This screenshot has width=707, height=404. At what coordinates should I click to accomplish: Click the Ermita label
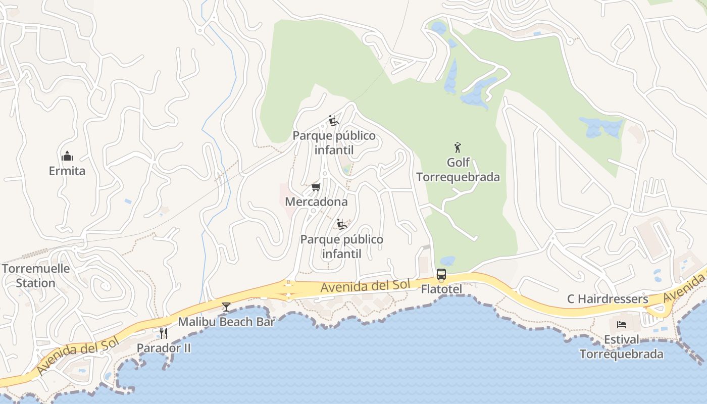[x=67, y=171]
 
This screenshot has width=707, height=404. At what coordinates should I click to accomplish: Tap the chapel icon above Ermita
[x=67, y=156]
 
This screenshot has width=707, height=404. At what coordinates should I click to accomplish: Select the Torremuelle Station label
[x=35, y=276]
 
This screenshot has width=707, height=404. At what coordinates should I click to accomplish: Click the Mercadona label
[x=316, y=202]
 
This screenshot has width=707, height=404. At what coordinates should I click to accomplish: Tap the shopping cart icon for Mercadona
[x=316, y=187]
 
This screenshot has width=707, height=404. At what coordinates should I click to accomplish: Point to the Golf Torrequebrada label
[x=458, y=170]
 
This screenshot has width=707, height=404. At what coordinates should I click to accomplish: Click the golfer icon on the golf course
[x=458, y=147]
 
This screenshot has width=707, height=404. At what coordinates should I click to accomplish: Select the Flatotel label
[x=441, y=289]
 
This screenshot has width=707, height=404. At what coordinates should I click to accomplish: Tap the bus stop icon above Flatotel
[x=441, y=275]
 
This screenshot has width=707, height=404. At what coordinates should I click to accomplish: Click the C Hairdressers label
[x=608, y=299]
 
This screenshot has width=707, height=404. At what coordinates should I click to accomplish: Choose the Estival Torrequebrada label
[x=622, y=346]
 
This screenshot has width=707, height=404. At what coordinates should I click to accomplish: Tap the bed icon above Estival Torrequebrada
[x=622, y=324]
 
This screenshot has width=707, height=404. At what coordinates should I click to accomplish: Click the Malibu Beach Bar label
[x=226, y=322]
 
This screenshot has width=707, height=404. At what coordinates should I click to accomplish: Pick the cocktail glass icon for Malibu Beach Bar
[x=226, y=307]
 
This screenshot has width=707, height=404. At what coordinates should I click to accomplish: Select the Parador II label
[x=164, y=348]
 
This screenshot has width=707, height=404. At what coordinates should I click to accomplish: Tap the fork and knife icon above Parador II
[x=164, y=333]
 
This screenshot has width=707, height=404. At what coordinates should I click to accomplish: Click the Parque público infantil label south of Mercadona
[x=342, y=246]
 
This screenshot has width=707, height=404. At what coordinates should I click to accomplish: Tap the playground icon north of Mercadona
[x=334, y=121]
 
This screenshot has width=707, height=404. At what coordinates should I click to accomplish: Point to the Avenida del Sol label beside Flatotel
[x=365, y=286]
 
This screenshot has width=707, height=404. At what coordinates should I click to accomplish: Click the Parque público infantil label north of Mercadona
[x=334, y=143]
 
